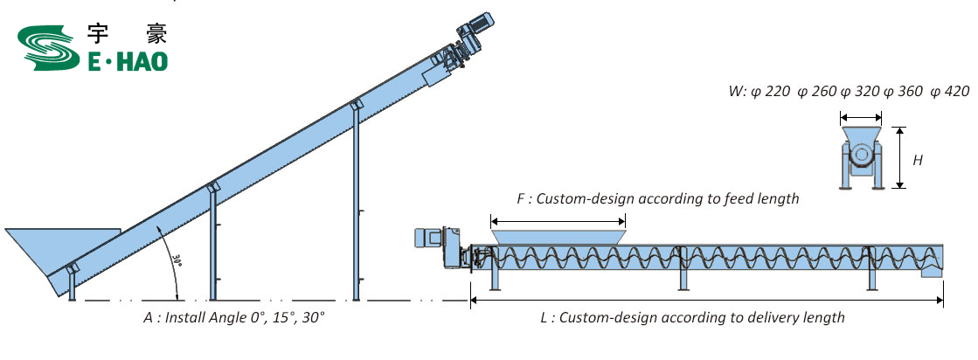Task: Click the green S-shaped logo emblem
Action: (46, 49)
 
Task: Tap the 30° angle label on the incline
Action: (177, 260)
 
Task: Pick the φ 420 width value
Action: (951, 92)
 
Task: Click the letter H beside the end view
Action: (918, 160)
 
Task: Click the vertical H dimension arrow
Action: (898, 156)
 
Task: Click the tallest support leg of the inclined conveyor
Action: (356, 201)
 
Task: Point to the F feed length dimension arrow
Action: (558, 220)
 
